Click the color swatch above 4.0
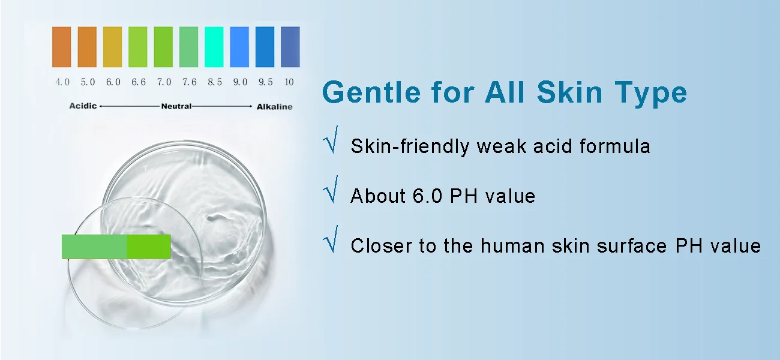pos(62,47)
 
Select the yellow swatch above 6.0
pos(112,47)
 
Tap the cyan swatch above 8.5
pos(214,47)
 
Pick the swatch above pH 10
pos(290,47)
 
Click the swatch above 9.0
pos(239,47)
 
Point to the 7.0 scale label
pos(164,82)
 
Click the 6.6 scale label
pos(139,82)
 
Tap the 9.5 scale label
pos(266,82)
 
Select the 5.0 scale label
pos(88,82)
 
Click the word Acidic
pos(83,106)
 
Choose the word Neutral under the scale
pos(176,106)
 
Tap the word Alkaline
pos(274,107)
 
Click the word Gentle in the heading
pos(371,92)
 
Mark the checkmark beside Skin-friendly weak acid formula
pos(331,140)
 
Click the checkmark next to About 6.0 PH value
pos(331,190)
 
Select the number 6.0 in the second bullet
pos(427,196)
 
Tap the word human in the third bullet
pos(512,245)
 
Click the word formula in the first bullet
pos(615,146)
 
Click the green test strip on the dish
pos(116,247)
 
